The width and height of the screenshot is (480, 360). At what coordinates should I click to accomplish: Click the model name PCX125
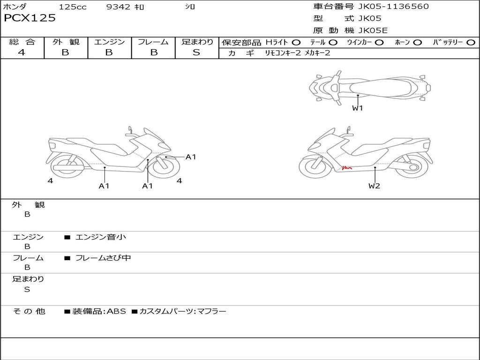(30, 18)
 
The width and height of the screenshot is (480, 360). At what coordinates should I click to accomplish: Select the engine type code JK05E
(373, 30)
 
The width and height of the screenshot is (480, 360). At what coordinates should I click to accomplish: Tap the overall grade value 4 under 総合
(22, 52)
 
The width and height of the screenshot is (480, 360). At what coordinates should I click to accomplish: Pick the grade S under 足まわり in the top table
(196, 52)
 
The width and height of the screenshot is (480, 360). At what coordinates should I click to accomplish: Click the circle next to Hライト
(296, 43)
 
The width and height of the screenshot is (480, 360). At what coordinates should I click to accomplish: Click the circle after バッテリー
(471, 43)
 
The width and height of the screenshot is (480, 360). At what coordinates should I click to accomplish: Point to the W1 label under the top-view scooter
(357, 108)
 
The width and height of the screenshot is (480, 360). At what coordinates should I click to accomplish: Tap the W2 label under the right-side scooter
(374, 186)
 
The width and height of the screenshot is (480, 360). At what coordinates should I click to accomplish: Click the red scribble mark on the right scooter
(347, 167)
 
